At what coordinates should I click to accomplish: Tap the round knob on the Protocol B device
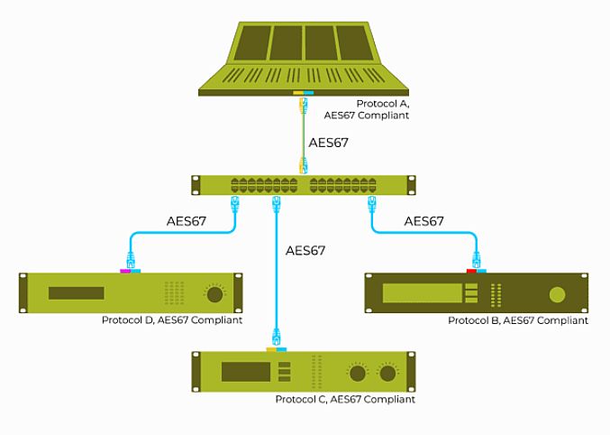(x=558, y=294)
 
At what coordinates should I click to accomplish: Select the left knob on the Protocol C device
(x=358, y=373)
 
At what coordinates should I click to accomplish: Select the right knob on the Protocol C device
(x=388, y=373)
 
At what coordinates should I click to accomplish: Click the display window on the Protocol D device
(x=77, y=293)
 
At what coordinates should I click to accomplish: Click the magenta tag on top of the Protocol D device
(x=125, y=271)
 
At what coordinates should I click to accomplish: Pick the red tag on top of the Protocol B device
(x=470, y=271)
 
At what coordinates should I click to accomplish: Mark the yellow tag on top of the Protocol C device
(x=270, y=349)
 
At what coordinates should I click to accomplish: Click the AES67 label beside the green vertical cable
(x=328, y=143)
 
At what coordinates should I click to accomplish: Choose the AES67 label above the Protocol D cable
(x=187, y=220)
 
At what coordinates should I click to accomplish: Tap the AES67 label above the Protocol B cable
(x=423, y=220)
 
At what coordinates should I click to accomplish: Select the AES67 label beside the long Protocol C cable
(x=305, y=250)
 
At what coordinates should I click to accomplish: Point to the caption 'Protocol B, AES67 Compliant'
(x=517, y=320)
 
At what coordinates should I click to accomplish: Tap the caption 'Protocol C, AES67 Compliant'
(x=345, y=399)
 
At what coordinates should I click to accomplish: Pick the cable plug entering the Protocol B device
(x=477, y=262)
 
